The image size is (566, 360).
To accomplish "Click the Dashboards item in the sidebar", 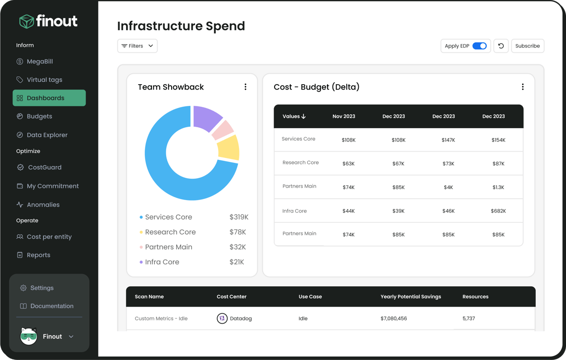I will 49,98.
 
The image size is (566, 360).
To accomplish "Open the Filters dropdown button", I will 138,46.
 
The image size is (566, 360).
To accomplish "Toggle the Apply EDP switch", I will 479,46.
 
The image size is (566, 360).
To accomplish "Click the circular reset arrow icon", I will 501,46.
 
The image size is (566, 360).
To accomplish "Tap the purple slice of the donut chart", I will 207,118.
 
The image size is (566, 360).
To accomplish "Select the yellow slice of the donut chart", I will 229,148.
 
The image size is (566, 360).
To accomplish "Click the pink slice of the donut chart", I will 223,129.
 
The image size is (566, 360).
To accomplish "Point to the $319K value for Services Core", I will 239,217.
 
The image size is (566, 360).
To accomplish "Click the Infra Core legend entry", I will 162,262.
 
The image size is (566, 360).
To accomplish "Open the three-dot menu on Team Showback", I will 245,87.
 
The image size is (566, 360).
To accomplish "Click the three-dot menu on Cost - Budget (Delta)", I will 522,87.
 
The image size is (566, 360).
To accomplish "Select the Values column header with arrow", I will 294,116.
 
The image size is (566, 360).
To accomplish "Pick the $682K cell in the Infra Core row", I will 498,211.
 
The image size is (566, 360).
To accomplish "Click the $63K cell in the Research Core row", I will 348,163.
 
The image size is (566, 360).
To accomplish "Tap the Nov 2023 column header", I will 344,116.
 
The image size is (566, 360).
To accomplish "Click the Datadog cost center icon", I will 222,318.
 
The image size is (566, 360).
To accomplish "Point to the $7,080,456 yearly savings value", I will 393,318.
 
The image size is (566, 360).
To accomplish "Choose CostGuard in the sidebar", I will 45,167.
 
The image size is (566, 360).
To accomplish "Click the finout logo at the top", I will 48,21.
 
